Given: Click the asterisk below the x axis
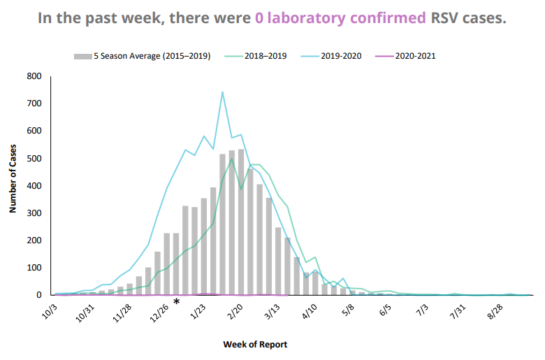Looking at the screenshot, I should pos(177,302).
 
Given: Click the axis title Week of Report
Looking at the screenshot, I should pos(255,345).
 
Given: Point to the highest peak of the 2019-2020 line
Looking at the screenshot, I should pos(222,92).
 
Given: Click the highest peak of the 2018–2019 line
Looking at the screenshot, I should pos(232,159).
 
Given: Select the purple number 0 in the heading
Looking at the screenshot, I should pos(259,18).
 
